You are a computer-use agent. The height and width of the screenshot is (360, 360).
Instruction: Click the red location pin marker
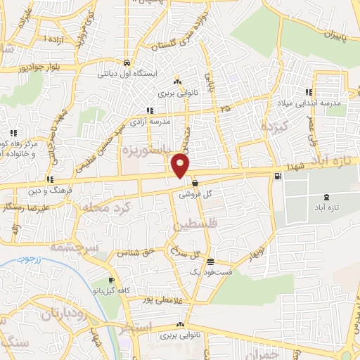(181, 165)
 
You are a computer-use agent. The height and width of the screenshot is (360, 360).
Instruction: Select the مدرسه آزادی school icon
(149, 110)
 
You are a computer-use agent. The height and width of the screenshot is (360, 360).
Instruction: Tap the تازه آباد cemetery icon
(325, 198)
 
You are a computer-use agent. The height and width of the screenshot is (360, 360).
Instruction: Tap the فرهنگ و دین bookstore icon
(49, 179)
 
